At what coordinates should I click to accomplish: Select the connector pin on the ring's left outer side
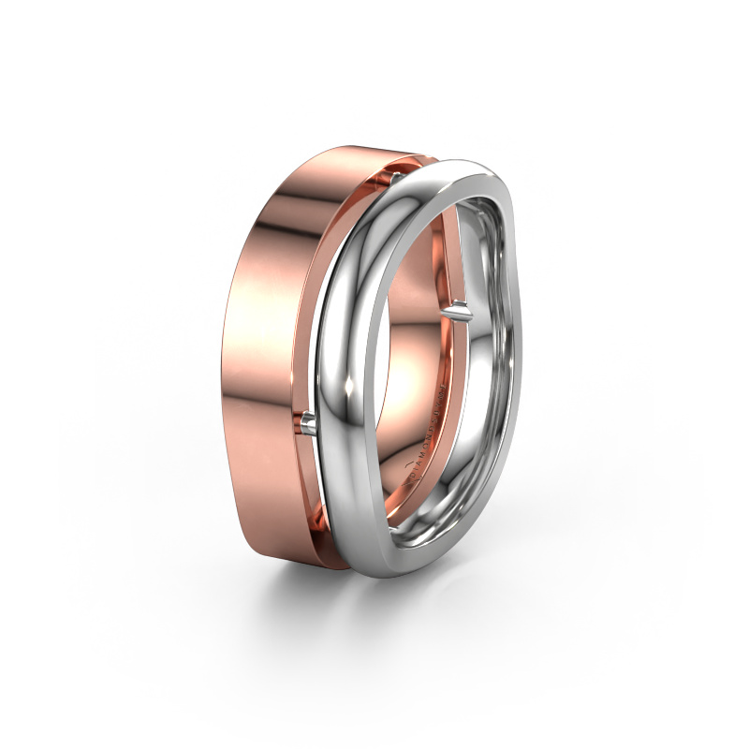[x=309, y=427]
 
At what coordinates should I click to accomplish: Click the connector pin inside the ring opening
[x=459, y=308]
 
